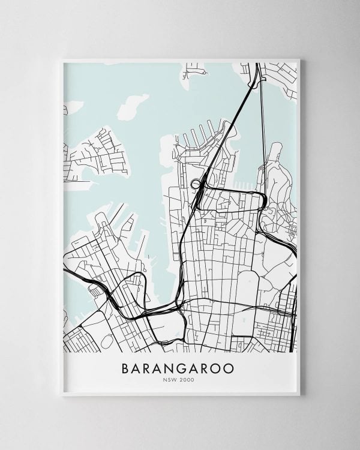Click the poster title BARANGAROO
(x=180, y=367)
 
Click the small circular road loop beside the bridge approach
(x=195, y=183)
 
